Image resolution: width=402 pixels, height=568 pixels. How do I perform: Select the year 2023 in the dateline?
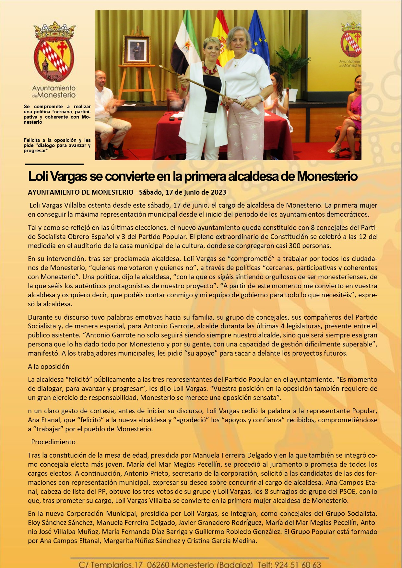[219, 192]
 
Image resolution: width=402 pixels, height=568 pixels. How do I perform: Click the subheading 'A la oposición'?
[49, 367]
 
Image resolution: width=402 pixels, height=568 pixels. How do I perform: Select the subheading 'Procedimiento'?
[53, 442]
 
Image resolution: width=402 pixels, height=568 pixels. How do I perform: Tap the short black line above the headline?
[54, 165]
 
